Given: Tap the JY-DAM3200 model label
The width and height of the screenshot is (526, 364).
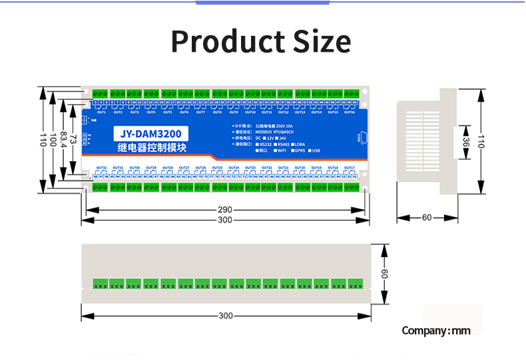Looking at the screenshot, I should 151,132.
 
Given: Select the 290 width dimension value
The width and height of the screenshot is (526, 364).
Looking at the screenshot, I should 225,210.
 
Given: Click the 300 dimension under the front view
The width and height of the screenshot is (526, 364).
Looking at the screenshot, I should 225,220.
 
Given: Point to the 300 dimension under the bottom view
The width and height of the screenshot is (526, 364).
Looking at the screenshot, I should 225,315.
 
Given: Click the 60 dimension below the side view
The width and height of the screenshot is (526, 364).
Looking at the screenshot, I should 426,218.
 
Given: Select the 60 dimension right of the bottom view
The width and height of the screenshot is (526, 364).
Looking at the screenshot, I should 384,273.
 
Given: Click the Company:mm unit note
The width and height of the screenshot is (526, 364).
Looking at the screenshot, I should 436,331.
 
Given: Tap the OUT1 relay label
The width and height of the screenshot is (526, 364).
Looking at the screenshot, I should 102,112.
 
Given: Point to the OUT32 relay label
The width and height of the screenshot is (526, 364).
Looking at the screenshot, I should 102,168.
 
